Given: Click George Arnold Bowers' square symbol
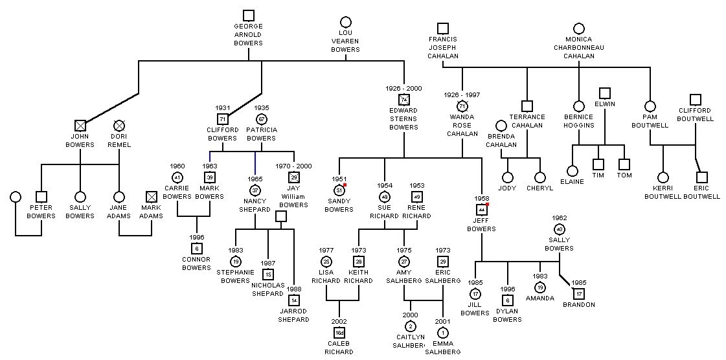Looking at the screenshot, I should click(248, 16).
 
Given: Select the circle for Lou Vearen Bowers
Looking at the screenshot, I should click(345, 22).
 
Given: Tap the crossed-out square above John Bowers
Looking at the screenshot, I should click(80, 126).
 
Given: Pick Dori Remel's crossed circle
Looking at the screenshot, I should click(119, 126).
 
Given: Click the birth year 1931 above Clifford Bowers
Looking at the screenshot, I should click(222, 107).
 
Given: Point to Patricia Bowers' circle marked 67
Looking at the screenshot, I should click(261, 119).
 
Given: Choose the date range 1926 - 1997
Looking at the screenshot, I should click(462, 95).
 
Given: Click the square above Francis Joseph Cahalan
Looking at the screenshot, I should click(442, 28).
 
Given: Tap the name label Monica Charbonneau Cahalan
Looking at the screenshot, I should click(578, 47).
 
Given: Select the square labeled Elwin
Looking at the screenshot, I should click(604, 93).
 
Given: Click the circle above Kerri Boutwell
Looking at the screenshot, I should click(663, 177).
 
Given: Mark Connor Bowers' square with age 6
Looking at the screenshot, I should click(196, 249).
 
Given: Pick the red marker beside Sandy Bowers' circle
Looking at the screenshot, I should click(345, 185).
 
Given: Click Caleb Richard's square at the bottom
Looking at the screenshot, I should click(339, 333).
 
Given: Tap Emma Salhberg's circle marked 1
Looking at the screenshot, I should click(442, 333).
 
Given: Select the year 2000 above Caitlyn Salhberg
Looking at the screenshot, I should click(410, 315).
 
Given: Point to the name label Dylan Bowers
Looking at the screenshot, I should click(507, 315).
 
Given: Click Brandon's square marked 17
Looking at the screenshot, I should click(578, 294).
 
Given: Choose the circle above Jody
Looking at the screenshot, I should click(507, 177).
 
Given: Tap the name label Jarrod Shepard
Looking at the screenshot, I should click(293, 315).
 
